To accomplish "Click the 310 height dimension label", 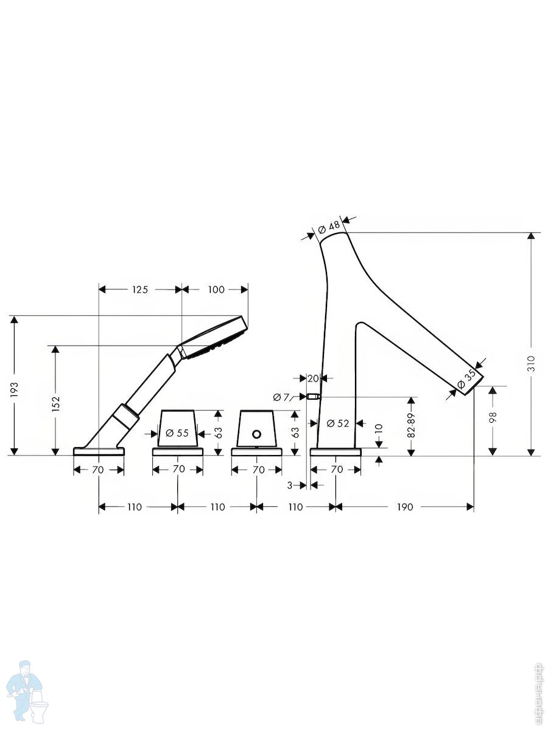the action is [531, 364].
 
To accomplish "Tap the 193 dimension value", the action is [14, 390].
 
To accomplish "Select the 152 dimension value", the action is [55, 404].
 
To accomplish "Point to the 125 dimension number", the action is [140, 290].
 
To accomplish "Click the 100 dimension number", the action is [216, 290].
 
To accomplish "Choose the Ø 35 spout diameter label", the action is [467, 379].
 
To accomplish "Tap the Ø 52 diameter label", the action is [338, 423].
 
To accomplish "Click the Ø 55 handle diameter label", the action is [177, 433].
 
